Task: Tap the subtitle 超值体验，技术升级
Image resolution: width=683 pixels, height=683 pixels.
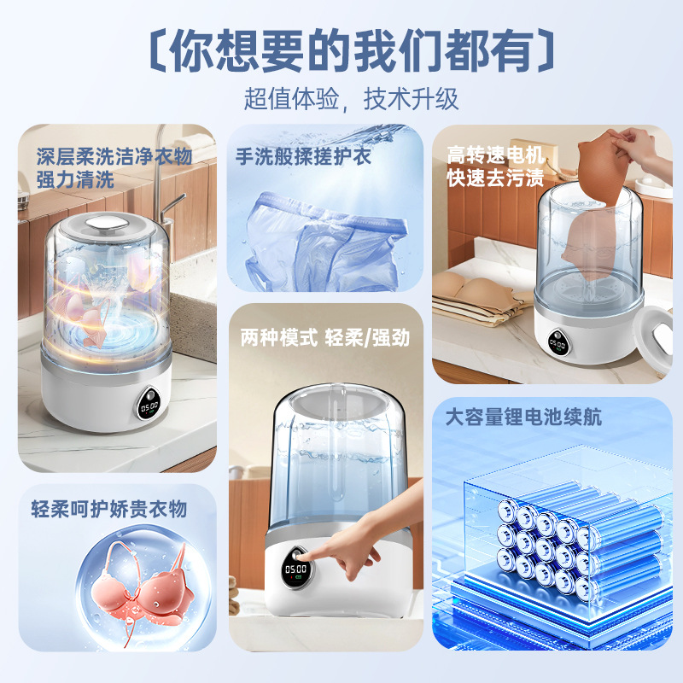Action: [352, 99]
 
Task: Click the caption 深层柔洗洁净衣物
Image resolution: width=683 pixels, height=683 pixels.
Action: [114, 156]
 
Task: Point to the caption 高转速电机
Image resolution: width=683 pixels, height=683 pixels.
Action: [495, 155]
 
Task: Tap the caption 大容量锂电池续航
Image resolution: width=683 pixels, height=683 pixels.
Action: [523, 417]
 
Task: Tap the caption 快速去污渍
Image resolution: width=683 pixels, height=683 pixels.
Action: [495, 178]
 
